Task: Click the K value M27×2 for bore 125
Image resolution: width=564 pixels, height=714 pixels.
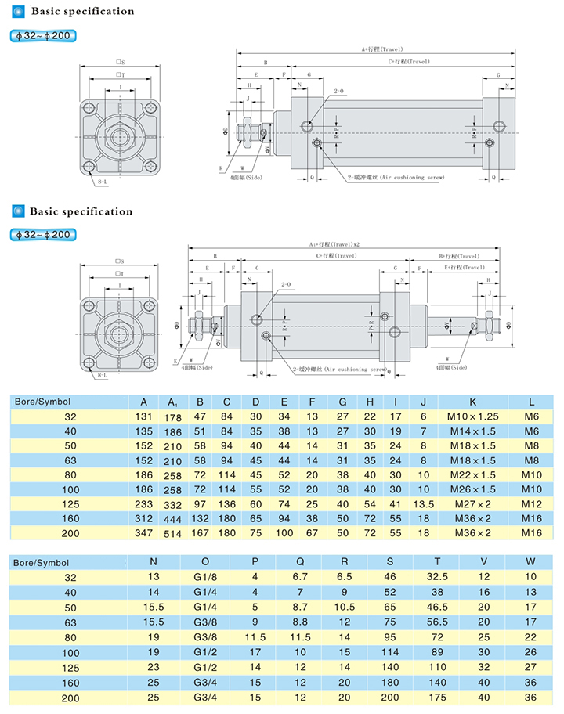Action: (472, 504)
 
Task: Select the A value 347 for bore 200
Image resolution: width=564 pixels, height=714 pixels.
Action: (143, 532)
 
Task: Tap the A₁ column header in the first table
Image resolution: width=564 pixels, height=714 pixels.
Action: (172, 402)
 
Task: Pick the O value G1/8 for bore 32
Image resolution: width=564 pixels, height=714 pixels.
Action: (205, 577)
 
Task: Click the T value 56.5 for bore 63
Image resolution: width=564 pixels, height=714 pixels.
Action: (438, 621)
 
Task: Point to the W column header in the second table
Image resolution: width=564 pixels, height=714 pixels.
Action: (530, 561)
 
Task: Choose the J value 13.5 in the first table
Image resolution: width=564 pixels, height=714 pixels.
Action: (423, 504)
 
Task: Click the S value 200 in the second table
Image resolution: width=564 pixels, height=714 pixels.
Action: (390, 696)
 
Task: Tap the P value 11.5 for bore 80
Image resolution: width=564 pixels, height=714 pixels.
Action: (255, 636)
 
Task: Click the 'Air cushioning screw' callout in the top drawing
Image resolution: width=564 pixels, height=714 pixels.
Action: (396, 178)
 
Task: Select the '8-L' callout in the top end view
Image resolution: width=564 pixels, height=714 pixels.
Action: (103, 182)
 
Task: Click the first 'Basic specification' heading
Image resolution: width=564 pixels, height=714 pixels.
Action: (82, 12)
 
